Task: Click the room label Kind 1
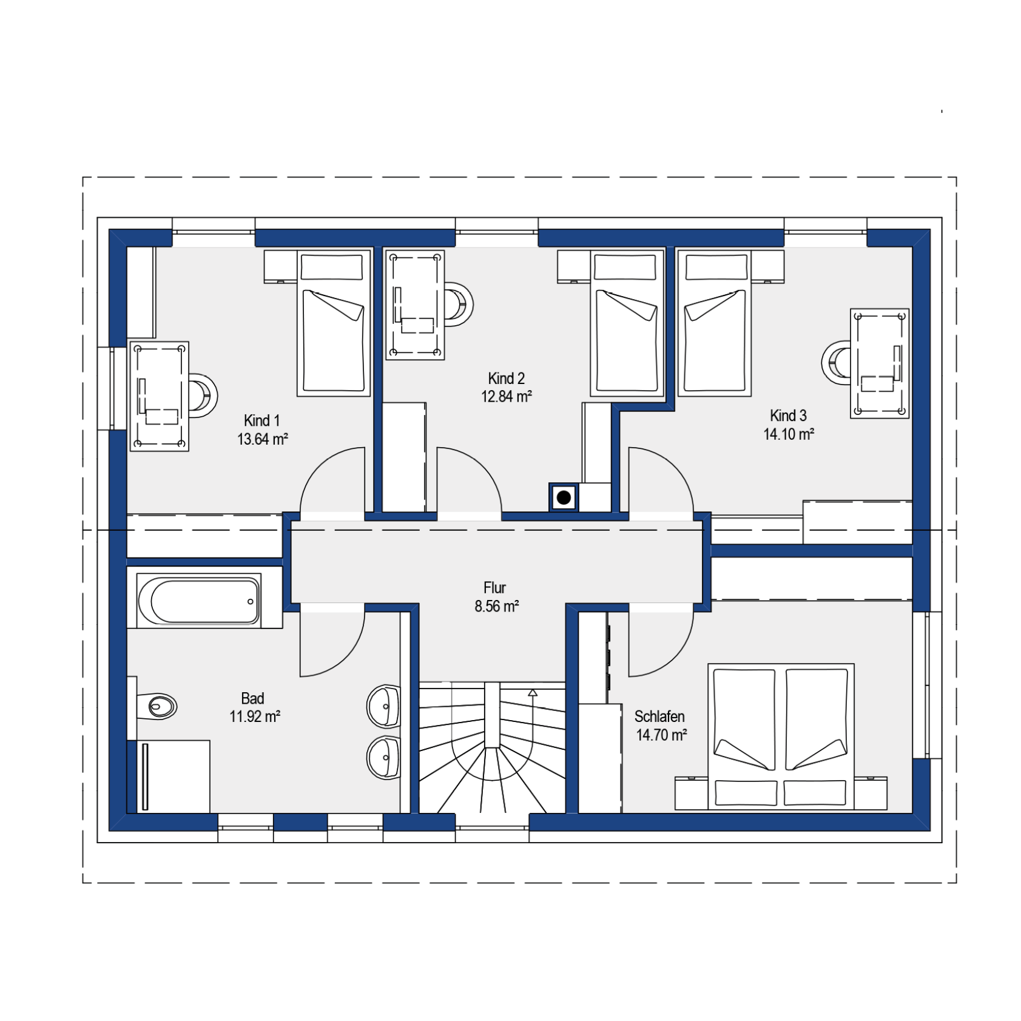(x=261, y=420)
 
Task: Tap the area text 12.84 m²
(x=507, y=397)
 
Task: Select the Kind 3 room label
(x=788, y=416)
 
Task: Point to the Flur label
(x=494, y=588)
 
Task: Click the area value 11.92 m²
(x=255, y=716)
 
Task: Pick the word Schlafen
(x=659, y=716)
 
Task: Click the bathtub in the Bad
(x=199, y=601)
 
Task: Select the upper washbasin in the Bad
(x=383, y=706)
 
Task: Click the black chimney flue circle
(x=564, y=498)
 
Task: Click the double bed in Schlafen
(x=781, y=736)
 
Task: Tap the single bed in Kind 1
(x=334, y=323)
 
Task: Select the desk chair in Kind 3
(x=836, y=363)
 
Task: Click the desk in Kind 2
(x=416, y=305)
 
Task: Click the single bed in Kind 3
(x=715, y=323)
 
